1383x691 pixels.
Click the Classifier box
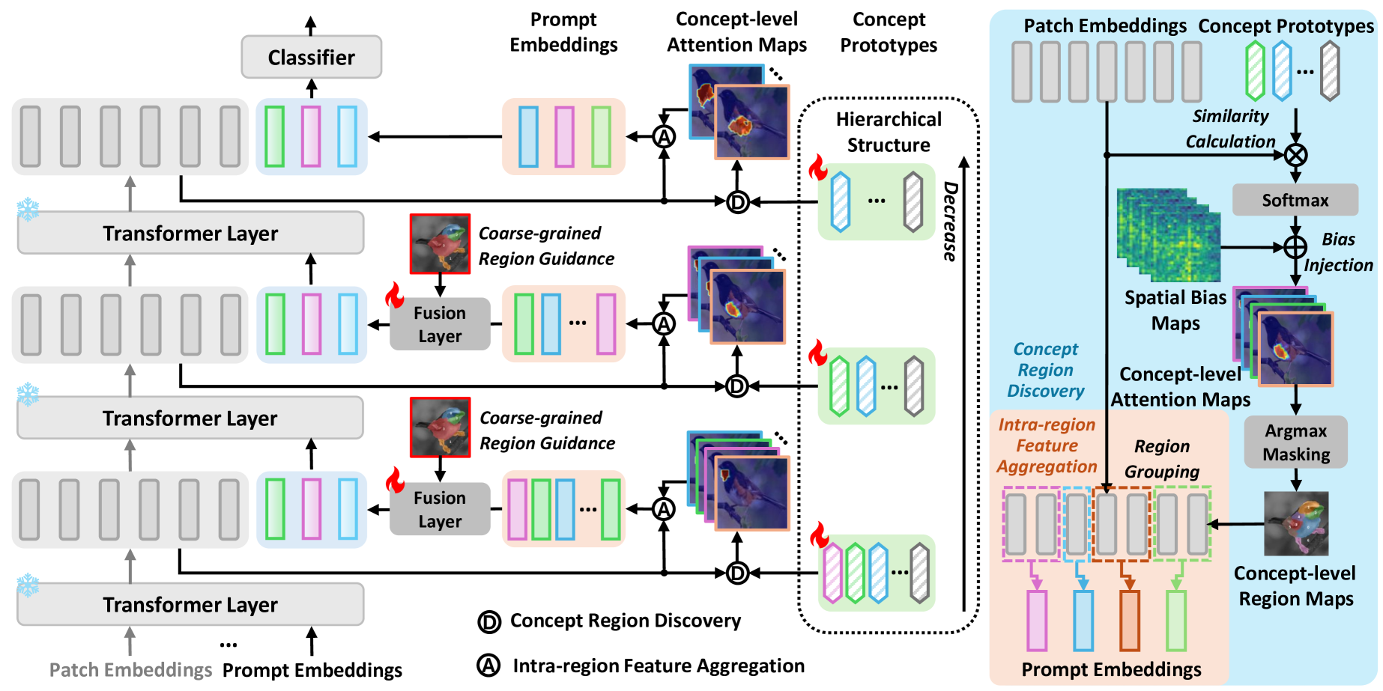click(311, 57)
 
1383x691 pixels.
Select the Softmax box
click(1295, 200)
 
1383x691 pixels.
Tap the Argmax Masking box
click(1295, 442)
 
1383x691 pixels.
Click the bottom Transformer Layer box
click(190, 604)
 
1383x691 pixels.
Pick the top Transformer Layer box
click(190, 234)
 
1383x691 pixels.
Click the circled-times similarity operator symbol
click(1295, 155)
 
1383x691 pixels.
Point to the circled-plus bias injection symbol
click(1295, 246)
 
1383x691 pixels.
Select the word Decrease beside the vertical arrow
click(950, 222)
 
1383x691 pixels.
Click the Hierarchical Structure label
click(889, 132)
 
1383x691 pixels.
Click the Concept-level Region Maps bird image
click(1295, 523)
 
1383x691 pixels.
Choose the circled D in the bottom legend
click(488, 621)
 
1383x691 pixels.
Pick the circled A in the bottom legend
click(488, 666)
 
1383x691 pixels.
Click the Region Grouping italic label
click(1161, 458)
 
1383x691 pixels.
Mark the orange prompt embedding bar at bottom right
click(1129, 621)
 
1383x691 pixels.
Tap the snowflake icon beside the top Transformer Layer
click(28, 210)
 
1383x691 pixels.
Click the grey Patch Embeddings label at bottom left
click(130, 670)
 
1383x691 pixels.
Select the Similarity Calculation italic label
click(1230, 129)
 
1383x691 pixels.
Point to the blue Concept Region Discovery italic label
click(1045, 370)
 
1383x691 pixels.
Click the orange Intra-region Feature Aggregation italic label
click(1047, 445)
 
